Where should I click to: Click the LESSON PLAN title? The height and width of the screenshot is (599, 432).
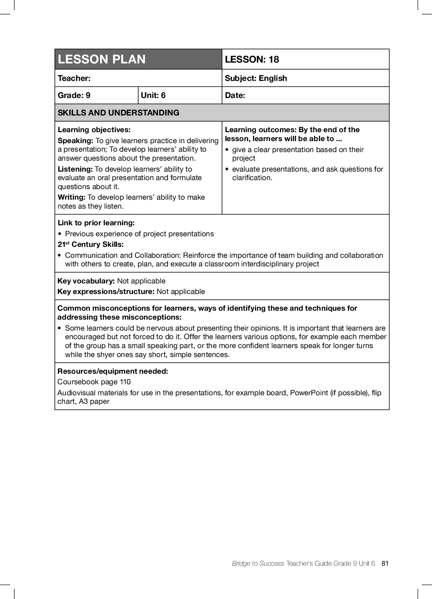click(x=102, y=59)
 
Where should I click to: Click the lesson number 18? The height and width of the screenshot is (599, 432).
click(x=274, y=59)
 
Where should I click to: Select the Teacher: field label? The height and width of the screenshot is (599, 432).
click(x=74, y=78)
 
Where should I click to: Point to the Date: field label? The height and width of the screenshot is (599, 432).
click(x=235, y=95)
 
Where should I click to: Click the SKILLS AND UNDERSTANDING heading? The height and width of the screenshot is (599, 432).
click(x=118, y=113)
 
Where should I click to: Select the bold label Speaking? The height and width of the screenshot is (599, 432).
click(x=76, y=141)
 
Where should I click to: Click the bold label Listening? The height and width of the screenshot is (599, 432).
click(x=75, y=169)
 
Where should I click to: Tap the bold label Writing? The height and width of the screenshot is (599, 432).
click(x=72, y=197)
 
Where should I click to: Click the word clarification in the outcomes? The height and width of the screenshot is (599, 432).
click(x=252, y=178)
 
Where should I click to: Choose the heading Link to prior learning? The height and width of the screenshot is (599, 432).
click(x=96, y=223)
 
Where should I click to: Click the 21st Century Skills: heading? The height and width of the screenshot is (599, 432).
click(x=91, y=244)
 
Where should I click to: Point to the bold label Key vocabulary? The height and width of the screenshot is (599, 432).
click(x=86, y=281)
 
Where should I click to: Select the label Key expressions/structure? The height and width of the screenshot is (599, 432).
click(x=106, y=292)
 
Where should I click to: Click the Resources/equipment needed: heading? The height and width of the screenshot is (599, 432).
click(x=113, y=371)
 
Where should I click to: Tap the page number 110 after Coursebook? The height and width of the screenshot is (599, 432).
click(x=125, y=382)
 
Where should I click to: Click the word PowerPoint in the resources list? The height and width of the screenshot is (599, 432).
click(x=309, y=393)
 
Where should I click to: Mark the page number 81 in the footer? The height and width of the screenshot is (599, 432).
click(x=385, y=563)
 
